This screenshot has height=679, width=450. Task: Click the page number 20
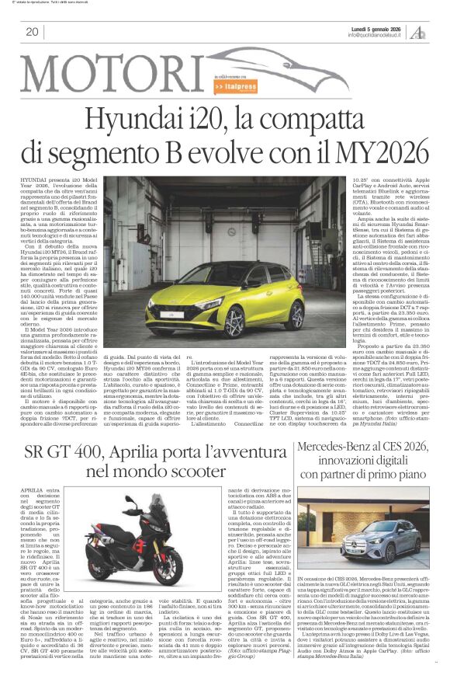(32, 32)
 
